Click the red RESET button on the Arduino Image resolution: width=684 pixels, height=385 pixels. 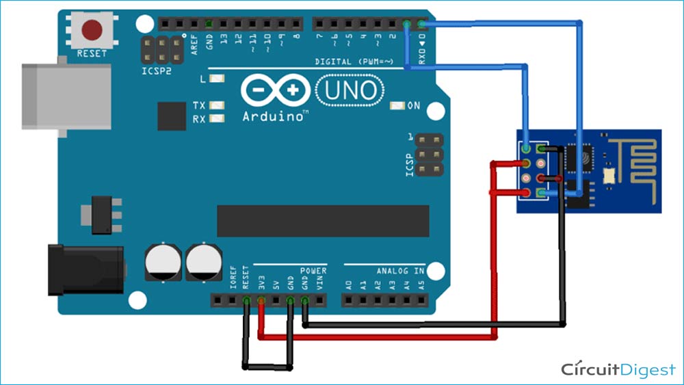92,31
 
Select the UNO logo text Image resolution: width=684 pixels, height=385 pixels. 350,90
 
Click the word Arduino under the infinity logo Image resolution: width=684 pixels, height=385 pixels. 273,116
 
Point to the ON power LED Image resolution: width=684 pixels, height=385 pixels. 398,106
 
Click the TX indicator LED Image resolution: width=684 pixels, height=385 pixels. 218,106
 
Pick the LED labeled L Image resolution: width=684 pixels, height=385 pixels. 218,79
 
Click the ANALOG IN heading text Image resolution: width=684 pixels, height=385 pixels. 400,271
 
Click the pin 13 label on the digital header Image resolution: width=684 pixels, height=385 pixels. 224,41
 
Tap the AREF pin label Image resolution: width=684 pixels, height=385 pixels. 194,42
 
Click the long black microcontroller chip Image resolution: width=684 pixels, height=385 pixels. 322,220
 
